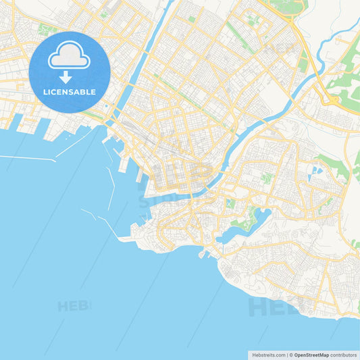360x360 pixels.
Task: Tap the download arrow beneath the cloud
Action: tap(66, 76)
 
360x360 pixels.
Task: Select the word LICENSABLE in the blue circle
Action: tap(69, 92)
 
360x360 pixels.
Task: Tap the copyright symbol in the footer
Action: tap(291, 354)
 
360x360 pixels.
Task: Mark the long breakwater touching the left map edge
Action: tap(27, 159)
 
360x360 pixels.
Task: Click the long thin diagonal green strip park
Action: tap(240, 37)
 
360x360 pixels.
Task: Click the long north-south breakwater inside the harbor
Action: tap(111, 186)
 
